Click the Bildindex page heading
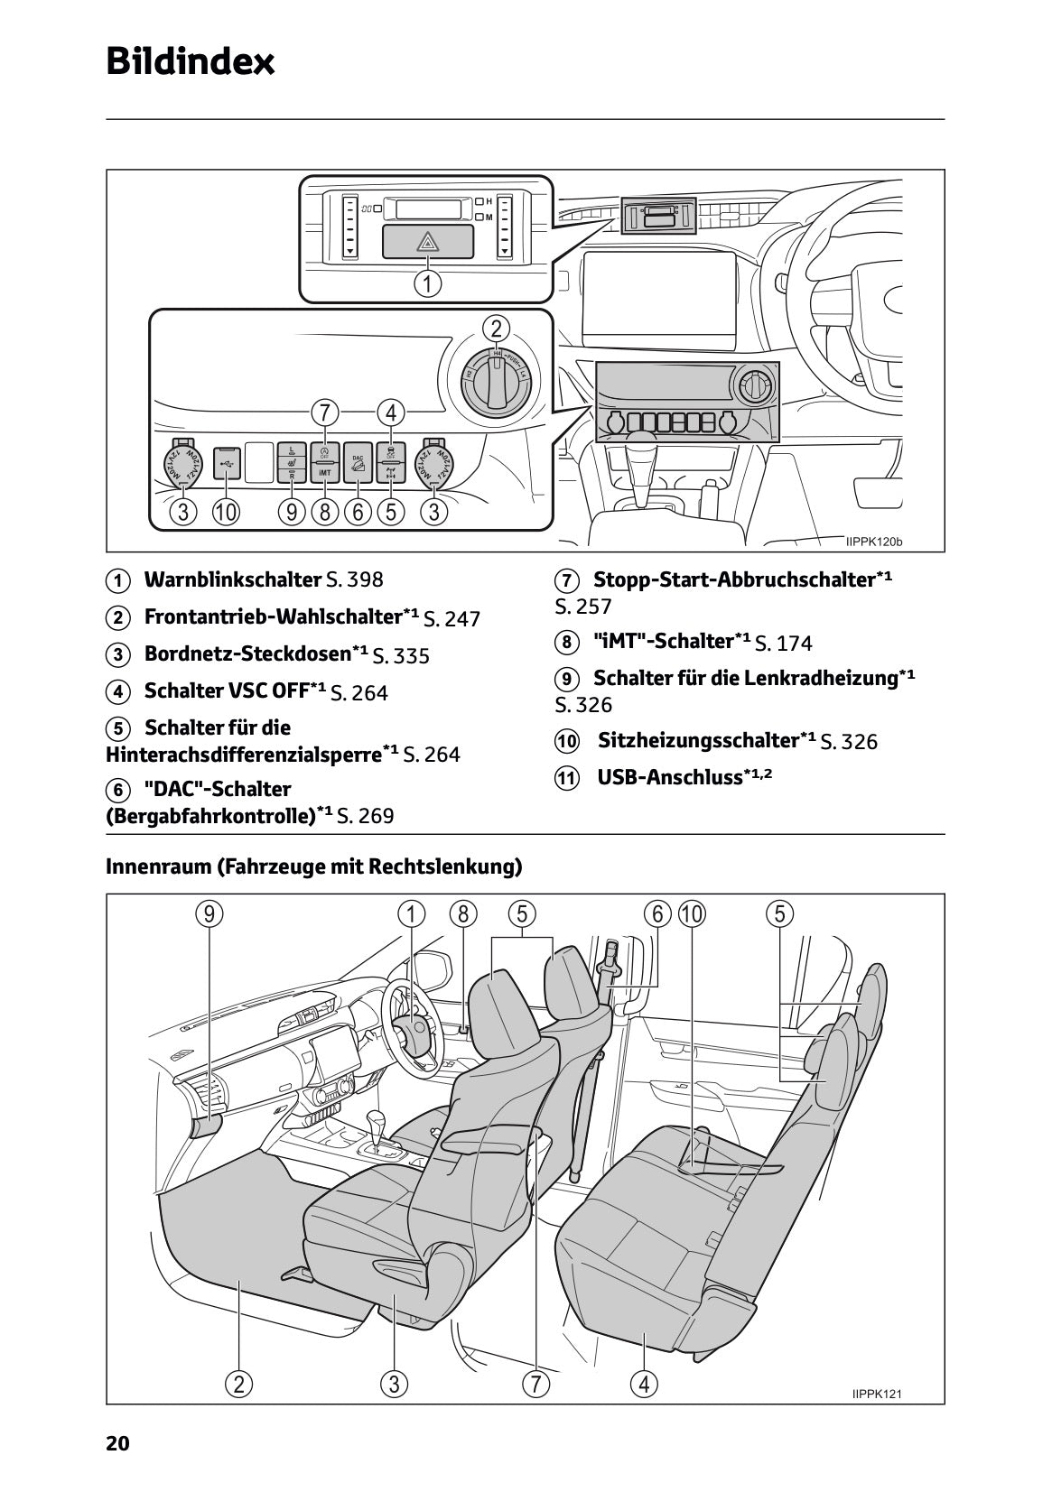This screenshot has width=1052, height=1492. coord(190,61)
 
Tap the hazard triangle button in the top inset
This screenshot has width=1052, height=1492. coord(427,241)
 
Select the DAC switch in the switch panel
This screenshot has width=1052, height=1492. coord(358,461)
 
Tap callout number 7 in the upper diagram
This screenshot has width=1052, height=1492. coord(324,412)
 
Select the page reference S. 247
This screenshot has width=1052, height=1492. coord(452,618)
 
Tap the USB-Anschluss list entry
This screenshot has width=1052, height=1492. coord(669,777)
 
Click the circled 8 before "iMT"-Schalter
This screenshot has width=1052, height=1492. coord(566,643)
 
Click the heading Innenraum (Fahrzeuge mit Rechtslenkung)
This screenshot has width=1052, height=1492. coord(314,866)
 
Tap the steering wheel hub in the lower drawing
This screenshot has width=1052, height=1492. coord(414,1030)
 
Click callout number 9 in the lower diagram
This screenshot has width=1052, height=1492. coord(209,913)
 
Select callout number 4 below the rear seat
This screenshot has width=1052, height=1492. coord(643,1383)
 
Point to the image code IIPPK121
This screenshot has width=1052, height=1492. coord(876,1394)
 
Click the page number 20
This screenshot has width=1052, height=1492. coord(117,1443)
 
